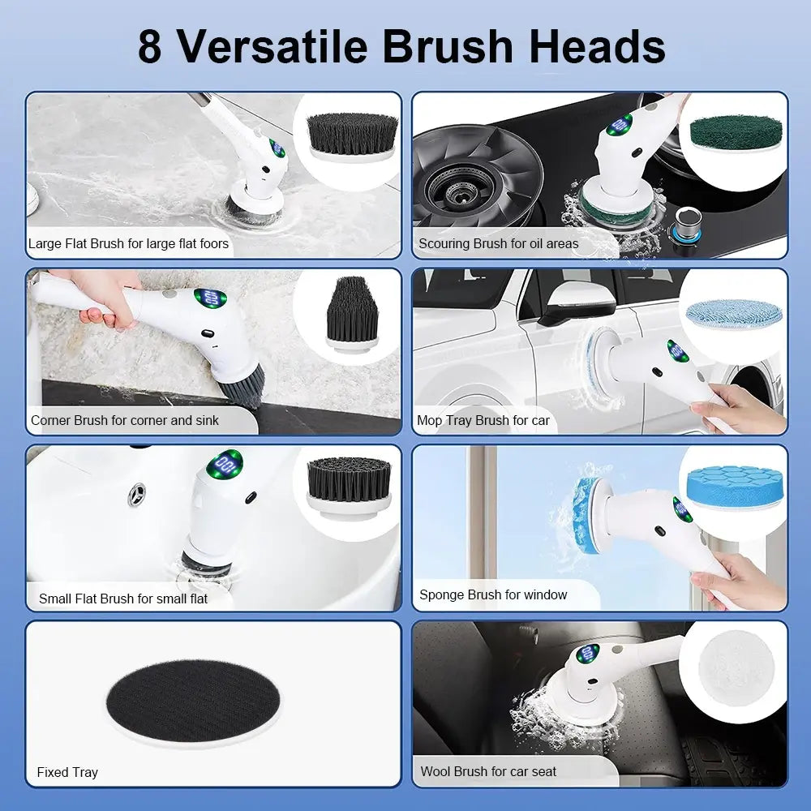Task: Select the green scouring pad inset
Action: click(x=734, y=131)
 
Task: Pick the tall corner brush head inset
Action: click(x=351, y=313)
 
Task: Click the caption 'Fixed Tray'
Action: click(x=67, y=772)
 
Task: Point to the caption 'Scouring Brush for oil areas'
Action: click(x=498, y=243)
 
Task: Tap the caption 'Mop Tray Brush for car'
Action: click(x=483, y=420)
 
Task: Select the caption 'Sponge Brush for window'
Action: click(x=492, y=595)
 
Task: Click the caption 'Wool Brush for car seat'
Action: click(x=488, y=771)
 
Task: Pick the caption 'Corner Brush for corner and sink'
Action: click(x=124, y=420)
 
